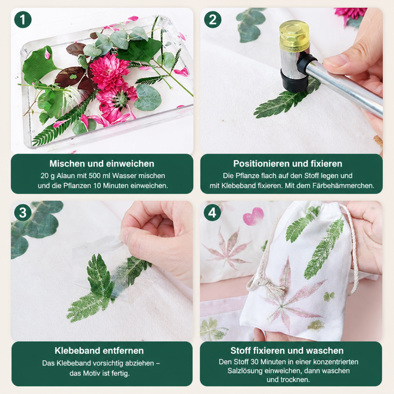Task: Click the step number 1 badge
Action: coord(23,20)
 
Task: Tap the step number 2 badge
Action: coord(212,20)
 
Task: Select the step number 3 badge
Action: coord(23,212)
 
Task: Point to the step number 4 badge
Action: coord(212,212)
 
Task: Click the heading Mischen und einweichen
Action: coord(102,164)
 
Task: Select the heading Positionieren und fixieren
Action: coord(288,164)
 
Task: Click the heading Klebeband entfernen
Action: coord(99,351)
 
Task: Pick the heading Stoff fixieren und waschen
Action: coord(287,351)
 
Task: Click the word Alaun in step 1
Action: coord(66,175)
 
